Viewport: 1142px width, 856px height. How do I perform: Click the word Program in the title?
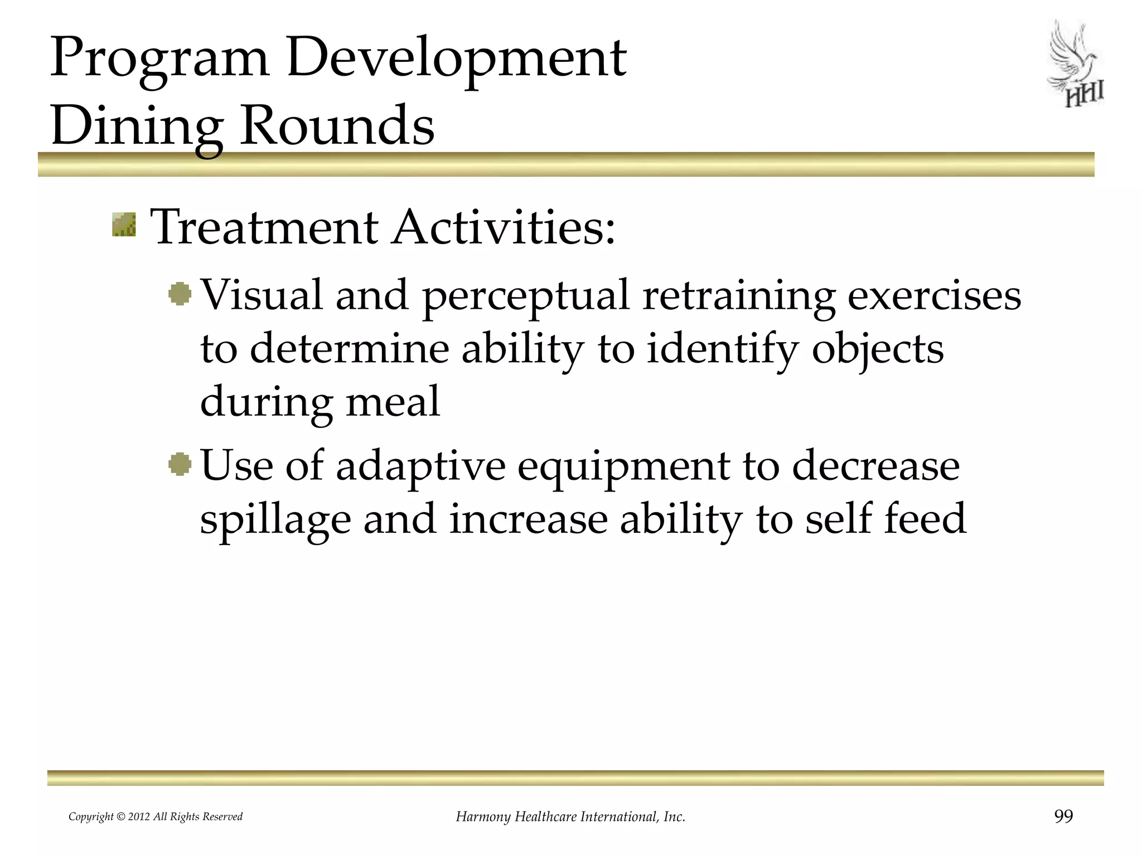pos(159,59)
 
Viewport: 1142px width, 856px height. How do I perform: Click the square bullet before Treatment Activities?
pos(124,225)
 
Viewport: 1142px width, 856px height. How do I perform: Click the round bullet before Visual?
pos(180,294)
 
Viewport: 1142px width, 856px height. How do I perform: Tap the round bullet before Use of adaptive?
pos(180,464)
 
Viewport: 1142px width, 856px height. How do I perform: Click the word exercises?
pos(934,295)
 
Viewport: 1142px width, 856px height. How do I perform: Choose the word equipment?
pos(623,467)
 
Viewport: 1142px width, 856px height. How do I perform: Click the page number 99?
pos(1063,816)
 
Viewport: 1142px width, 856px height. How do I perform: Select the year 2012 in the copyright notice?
pos(139,817)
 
